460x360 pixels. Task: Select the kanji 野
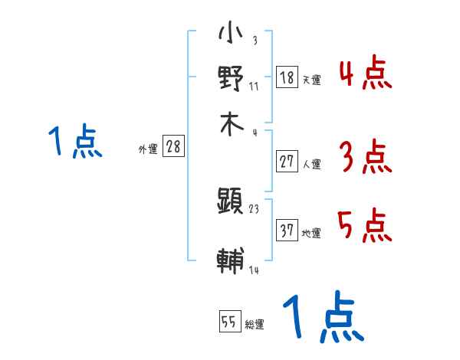[x=231, y=79]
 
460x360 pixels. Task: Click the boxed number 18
[x=287, y=77]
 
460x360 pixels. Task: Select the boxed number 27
[x=287, y=161]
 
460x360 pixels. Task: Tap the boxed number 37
[x=287, y=230]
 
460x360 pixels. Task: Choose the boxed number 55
[x=229, y=322]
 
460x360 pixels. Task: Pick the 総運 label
[x=255, y=325]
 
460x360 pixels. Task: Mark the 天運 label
[x=311, y=80]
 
